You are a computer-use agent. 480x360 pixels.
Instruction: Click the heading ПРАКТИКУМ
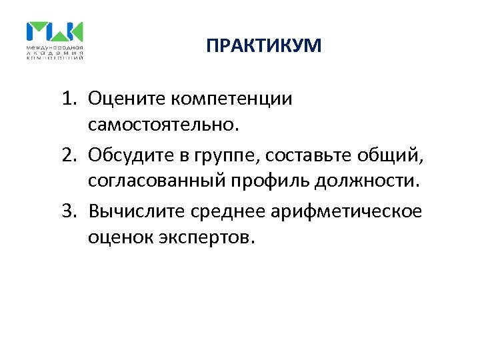click(263, 46)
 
